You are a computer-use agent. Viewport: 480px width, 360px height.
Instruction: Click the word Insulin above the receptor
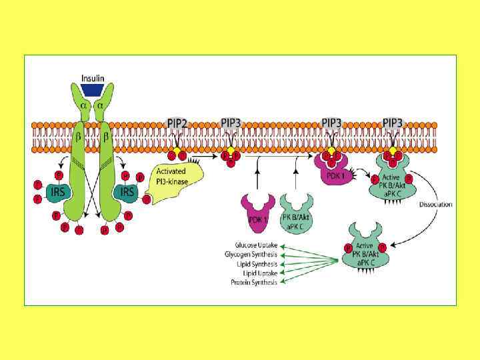[x=93, y=78]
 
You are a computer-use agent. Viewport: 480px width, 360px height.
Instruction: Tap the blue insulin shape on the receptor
[x=92, y=90]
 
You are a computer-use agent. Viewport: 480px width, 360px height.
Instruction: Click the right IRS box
[x=125, y=192]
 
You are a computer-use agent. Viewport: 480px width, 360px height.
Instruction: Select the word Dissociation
[x=436, y=204]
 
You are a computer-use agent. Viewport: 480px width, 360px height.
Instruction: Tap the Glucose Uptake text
[x=251, y=245]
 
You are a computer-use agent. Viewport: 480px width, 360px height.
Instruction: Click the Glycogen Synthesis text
[x=251, y=255]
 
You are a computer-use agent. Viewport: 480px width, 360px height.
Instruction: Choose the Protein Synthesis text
[x=254, y=282]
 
